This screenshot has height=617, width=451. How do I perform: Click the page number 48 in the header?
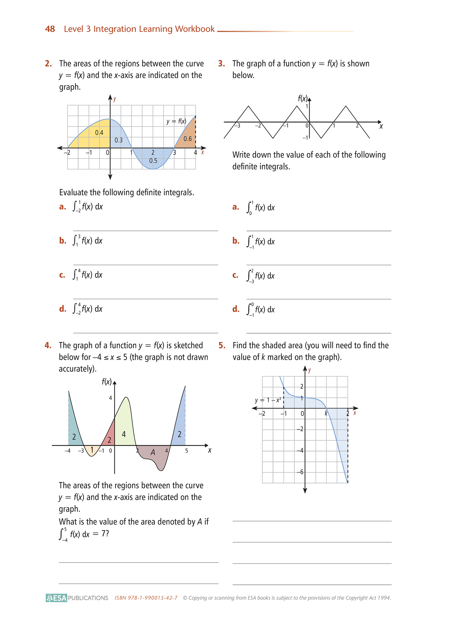(50, 29)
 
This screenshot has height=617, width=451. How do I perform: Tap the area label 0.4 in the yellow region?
(99, 133)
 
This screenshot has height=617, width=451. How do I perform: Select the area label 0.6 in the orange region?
(188, 139)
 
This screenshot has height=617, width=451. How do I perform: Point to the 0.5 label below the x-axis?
(153, 161)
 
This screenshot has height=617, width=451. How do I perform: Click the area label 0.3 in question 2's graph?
(119, 140)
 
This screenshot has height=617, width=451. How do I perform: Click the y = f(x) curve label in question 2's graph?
(176, 121)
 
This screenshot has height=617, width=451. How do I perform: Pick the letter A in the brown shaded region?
(153, 452)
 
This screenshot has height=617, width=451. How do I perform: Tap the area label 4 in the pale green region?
(124, 434)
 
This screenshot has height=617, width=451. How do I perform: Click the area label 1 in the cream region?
(92, 450)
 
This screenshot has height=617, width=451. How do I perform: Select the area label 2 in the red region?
(109, 440)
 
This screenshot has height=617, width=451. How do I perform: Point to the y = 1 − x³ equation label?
(268, 400)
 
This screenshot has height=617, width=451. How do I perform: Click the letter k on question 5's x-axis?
(326, 414)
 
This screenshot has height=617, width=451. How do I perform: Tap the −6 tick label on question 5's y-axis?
(300, 472)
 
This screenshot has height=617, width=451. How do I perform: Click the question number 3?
(222, 64)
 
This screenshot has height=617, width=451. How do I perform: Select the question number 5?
(222, 345)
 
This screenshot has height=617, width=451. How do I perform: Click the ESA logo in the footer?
(56, 598)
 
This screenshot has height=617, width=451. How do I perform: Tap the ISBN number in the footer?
(146, 598)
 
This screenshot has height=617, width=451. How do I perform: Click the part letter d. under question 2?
(62, 309)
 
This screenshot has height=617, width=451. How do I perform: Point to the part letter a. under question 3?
(236, 207)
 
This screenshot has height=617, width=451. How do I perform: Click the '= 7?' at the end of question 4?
(101, 534)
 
